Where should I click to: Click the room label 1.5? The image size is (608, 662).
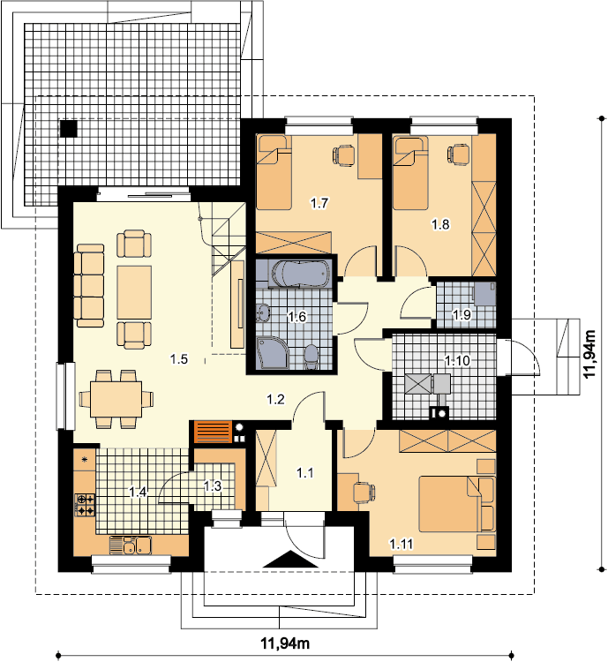point(178,359)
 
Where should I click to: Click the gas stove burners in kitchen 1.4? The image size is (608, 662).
point(85,505)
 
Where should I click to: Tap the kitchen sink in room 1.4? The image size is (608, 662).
point(131,545)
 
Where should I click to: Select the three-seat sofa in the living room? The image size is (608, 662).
point(89,285)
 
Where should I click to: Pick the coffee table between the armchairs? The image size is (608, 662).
point(134,292)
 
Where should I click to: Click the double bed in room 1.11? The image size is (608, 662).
point(456,504)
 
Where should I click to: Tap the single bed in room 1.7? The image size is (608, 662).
point(274,172)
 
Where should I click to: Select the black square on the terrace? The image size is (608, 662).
point(69,129)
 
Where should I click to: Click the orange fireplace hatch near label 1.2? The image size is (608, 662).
point(214,432)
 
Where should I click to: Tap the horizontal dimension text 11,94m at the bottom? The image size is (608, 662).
point(285,643)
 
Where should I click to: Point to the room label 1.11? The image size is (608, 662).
point(402,545)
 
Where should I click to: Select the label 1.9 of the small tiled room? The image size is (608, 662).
point(462,314)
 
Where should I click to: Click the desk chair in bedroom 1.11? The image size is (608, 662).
point(364,493)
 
